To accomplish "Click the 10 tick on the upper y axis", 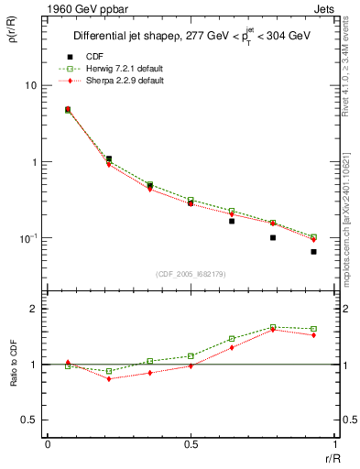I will tap(30, 86).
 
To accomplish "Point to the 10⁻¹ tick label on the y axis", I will tap(27, 238).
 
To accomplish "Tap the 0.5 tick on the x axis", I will tap(190, 444).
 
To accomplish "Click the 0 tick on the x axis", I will tap(48, 444).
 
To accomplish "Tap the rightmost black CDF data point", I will tap(313, 251).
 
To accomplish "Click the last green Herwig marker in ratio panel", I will tap(313, 329).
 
